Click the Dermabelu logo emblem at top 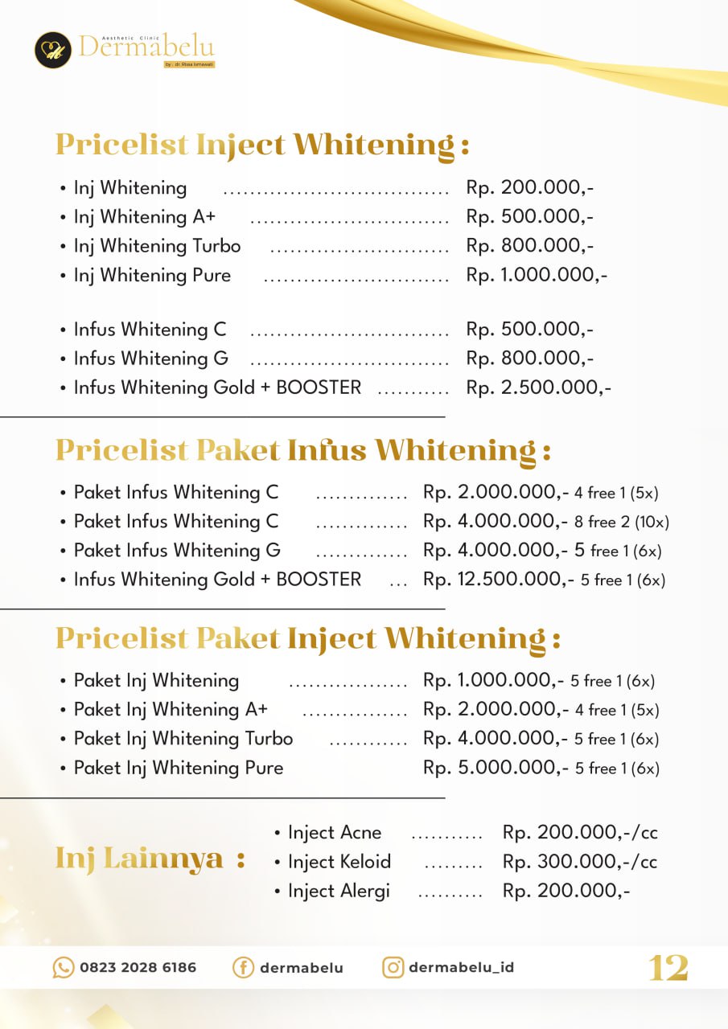(x=53, y=50)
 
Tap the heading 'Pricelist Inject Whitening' (x=262, y=145)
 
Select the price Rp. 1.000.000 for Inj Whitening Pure (x=537, y=275)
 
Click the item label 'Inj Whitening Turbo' (x=157, y=246)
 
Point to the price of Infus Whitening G (x=530, y=359)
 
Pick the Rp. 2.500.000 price (x=539, y=387)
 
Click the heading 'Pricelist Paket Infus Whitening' (x=302, y=450)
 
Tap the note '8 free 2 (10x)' (x=622, y=522)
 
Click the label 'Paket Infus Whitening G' (x=177, y=551)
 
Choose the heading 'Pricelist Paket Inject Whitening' (x=307, y=639)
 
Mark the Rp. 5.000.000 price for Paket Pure (x=493, y=768)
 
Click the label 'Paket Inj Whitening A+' (x=171, y=710)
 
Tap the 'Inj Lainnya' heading (x=150, y=859)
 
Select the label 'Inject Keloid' (x=339, y=862)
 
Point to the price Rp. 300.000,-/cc (x=580, y=862)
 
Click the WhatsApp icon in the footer (x=63, y=967)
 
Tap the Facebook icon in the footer (x=243, y=967)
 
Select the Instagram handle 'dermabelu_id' (x=461, y=967)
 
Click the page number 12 (x=668, y=968)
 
